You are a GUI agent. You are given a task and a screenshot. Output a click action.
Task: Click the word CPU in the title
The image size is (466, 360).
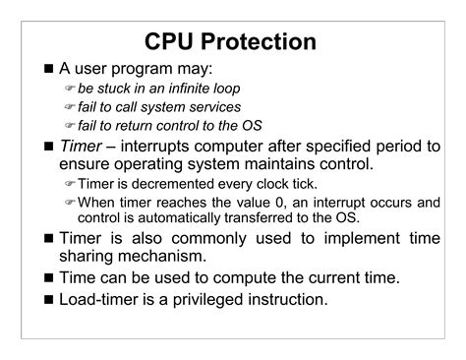[x=176, y=43]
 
